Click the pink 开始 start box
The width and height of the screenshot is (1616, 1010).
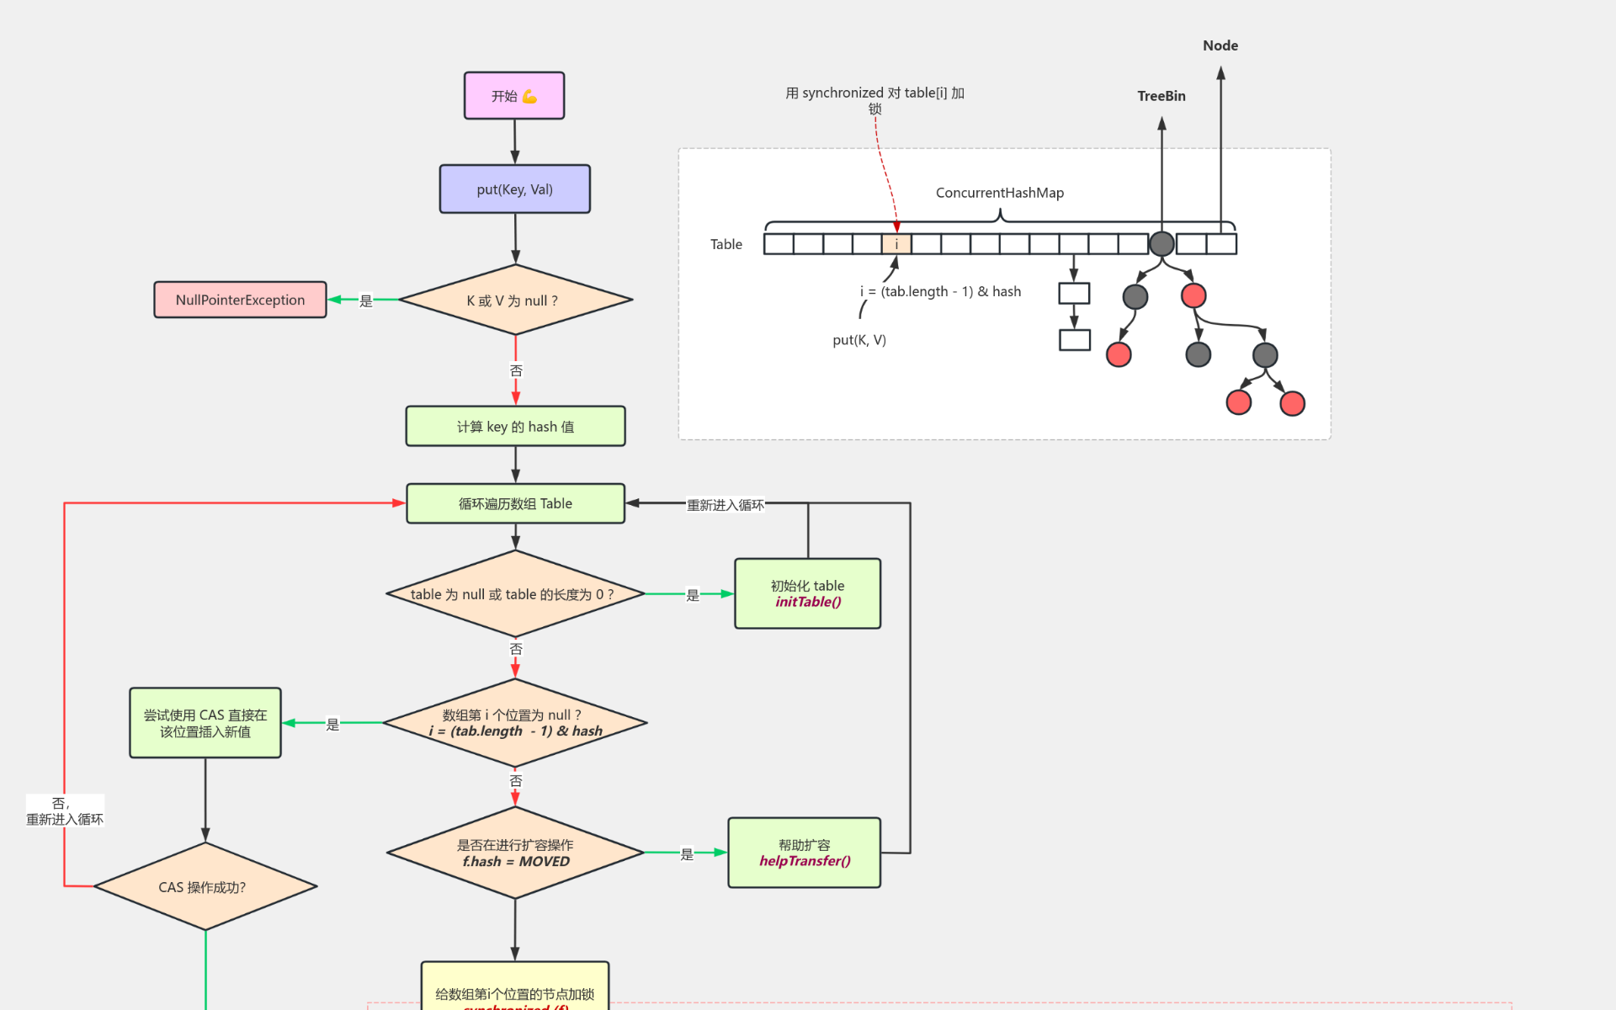(514, 95)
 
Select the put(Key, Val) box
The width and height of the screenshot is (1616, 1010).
(514, 189)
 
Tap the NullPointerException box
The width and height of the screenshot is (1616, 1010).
(240, 300)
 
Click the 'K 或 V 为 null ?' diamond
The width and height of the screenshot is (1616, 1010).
(515, 300)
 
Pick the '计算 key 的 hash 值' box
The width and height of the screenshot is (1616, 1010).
(515, 427)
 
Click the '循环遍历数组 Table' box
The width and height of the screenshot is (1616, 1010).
(515, 503)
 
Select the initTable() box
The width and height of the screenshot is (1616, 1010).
(807, 593)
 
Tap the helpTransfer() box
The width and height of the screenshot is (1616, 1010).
(804, 853)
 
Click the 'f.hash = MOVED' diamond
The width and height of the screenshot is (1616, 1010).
(515, 853)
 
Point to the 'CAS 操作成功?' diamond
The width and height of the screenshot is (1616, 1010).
(205, 886)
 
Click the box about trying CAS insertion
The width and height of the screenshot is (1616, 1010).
(205, 723)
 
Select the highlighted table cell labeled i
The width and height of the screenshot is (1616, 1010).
(896, 244)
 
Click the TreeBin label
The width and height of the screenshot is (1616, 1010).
(1161, 96)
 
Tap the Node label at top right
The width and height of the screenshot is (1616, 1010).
(1220, 45)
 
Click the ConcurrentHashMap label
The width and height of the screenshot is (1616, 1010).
(1000, 193)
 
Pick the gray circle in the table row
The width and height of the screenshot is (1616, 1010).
(1161, 244)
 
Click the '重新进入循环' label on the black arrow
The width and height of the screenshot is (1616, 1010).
(725, 505)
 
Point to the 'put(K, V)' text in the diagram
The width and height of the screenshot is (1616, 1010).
(859, 340)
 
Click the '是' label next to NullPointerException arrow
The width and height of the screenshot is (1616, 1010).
(365, 300)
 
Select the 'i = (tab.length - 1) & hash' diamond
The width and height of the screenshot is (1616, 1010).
(515, 723)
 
